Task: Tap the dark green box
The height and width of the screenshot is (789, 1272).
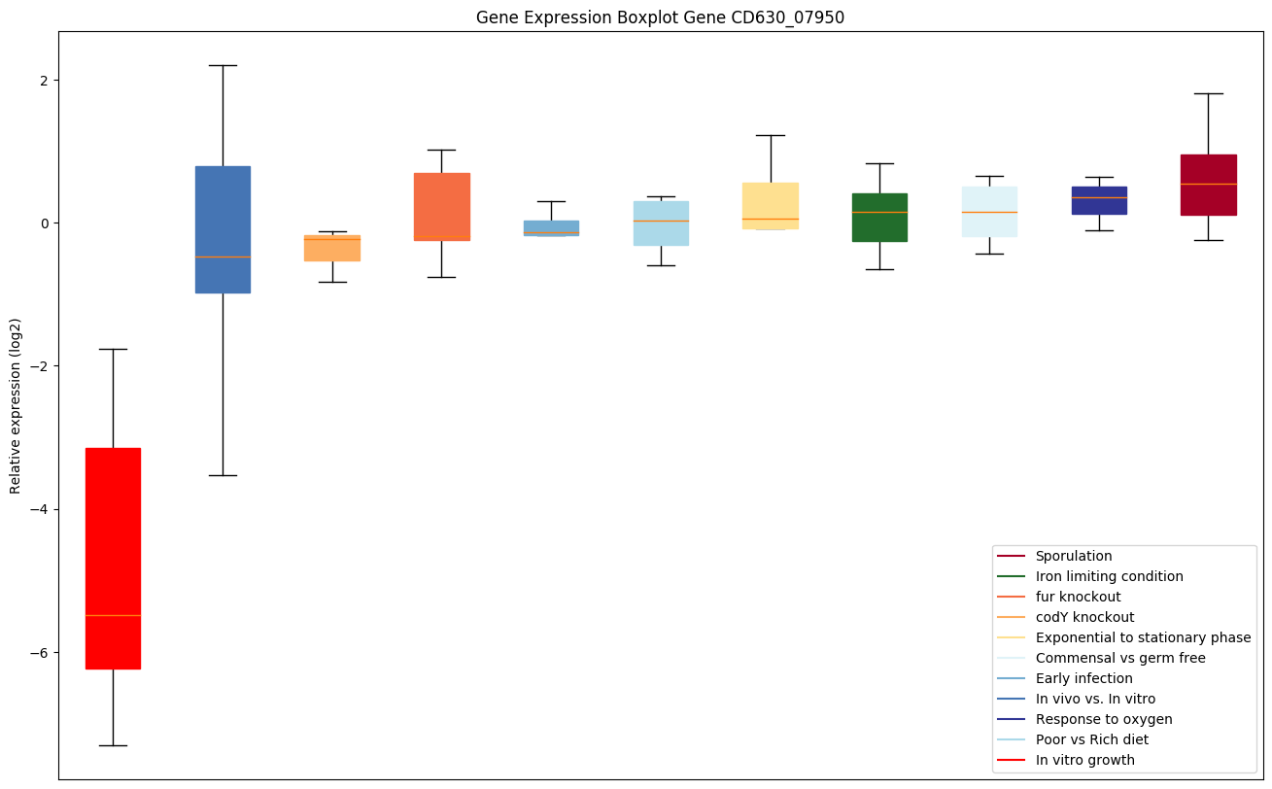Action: [x=879, y=217]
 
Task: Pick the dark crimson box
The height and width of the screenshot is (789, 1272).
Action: [x=1208, y=185]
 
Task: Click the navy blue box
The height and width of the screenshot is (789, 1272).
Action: [x=1099, y=200]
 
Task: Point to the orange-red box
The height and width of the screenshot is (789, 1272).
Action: [x=441, y=206]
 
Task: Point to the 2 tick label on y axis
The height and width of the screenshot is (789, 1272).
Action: [x=43, y=80]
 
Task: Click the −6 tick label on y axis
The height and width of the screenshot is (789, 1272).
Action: [x=38, y=652]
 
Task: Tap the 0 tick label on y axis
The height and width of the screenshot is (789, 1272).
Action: [x=43, y=223]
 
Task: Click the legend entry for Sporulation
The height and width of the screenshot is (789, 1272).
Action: [x=1073, y=556]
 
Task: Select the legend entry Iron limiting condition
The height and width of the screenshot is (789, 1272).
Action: [x=1109, y=576]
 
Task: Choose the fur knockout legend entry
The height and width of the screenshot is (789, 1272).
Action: [x=1078, y=597]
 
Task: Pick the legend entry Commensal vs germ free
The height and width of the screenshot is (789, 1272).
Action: [x=1119, y=658]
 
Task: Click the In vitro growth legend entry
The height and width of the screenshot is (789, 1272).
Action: [x=1084, y=760]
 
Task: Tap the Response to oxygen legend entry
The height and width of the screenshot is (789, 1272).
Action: [x=1103, y=719]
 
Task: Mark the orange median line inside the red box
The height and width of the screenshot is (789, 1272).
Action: [x=113, y=615]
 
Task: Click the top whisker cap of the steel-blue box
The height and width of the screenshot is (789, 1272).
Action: [x=223, y=65]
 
